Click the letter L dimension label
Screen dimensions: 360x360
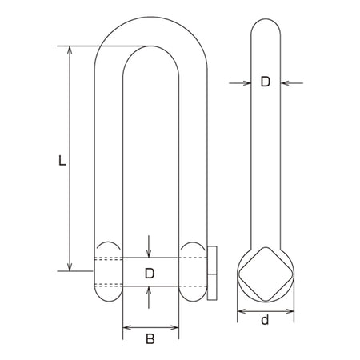pyautogui.click(x=62, y=160)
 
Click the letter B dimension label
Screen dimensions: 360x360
pyautogui.click(x=150, y=339)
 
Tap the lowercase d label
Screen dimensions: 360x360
pyautogui.click(x=265, y=319)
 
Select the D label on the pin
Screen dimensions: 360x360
pyautogui.click(x=150, y=274)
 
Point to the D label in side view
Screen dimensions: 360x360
pyautogui.click(x=266, y=82)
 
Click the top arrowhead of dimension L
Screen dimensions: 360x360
pyautogui.click(x=70, y=50)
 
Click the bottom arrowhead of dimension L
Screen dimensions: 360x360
pyautogui.click(x=70, y=267)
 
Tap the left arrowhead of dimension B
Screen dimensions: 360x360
pyautogui.click(x=126, y=327)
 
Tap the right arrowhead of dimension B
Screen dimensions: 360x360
pyautogui.click(x=175, y=327)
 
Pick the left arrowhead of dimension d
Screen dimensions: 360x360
pyautogui.click(x=241, y=311)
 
